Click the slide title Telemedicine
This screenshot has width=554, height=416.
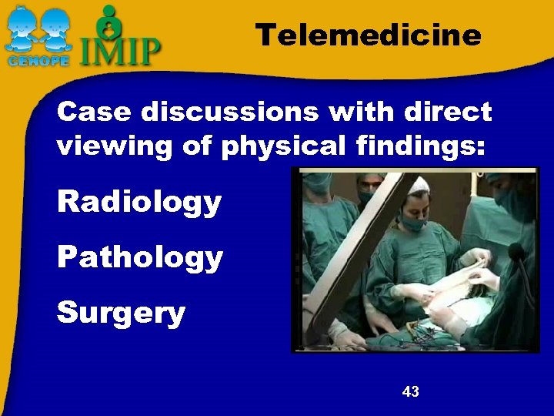[x=368, y=35]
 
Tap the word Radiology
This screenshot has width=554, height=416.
[x=139, y=203]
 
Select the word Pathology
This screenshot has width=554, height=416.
[x=139, y=258]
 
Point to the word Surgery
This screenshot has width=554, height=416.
[x=121, y=313]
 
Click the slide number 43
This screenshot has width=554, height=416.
[x=410, y=392]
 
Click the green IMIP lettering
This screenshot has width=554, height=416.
[x=121, y=51]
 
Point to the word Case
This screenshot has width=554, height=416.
[x=89, y=112]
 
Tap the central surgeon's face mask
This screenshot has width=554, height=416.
[x=414, y=223]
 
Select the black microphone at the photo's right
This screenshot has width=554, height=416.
[x=515, y=253]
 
